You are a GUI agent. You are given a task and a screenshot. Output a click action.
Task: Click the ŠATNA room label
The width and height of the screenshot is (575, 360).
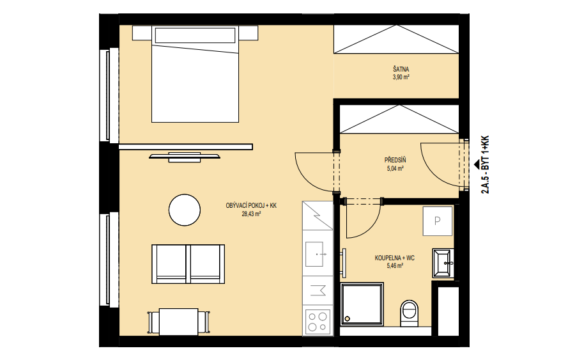click(401, 69)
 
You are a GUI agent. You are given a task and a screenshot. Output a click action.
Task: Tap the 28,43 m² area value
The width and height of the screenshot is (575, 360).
click(251, 214)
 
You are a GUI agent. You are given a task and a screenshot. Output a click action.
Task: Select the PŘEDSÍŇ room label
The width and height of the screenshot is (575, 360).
click(395, 160)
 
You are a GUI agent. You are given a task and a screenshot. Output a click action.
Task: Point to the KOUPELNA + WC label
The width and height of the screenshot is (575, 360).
click(395, 258)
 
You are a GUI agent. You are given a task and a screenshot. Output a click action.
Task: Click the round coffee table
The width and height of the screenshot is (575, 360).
click(185, 210)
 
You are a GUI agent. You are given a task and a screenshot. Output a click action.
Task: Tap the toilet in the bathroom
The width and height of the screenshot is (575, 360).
click(410, 313)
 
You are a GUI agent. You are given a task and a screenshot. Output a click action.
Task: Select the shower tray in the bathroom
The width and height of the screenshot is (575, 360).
click(362, 304)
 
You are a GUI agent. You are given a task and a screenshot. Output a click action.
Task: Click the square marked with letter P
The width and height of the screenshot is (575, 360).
click(438, 221)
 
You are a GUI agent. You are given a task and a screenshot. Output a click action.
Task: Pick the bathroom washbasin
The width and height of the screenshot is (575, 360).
click(443, 263)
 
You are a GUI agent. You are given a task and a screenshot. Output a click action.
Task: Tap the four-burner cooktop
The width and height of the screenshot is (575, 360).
click(318, 321)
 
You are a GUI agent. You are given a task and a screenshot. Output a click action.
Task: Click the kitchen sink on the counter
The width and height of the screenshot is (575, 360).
click(314, 254)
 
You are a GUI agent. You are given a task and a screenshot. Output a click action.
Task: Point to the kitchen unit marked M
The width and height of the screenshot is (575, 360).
click(318, 290)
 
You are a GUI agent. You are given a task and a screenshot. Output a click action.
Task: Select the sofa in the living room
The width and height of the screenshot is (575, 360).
click(188, 264)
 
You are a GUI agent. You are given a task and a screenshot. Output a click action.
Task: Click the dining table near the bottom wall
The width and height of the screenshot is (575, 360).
click(179, 322)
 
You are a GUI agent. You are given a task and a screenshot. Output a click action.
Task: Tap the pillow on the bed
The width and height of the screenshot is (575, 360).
click(195, 35)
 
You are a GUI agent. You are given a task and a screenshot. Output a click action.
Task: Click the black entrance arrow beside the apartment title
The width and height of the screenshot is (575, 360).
click(476, 164)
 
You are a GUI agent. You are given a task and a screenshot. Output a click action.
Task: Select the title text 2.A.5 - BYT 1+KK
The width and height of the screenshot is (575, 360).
click(485, 165)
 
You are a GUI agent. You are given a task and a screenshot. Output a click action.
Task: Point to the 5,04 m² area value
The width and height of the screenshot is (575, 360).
click(395, 169)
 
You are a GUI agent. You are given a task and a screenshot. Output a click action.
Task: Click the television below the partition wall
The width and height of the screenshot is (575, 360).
click(185, 157)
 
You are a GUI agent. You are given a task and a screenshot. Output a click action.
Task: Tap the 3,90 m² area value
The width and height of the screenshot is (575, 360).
click(401, 77)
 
